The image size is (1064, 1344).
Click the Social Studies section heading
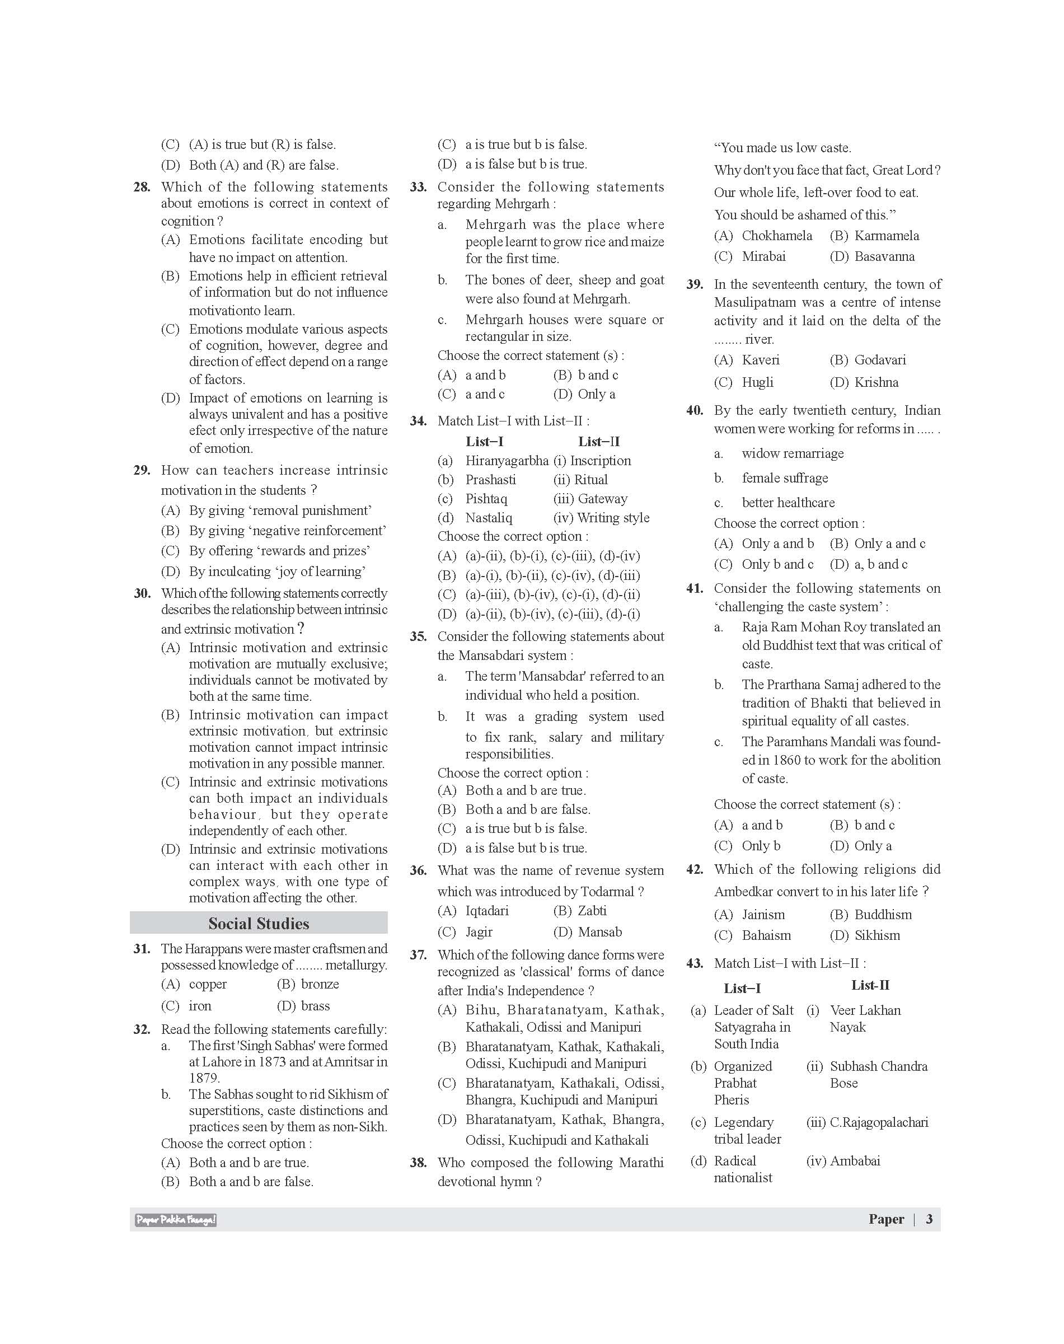click(259, 924)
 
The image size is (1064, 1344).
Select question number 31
click(142, 949)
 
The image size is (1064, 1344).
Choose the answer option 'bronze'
click(320, 985)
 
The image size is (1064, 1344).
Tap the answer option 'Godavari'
click(880, 360)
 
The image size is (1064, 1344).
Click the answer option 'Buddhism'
click(883, 915)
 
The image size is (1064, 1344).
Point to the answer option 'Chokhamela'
click(777, 236)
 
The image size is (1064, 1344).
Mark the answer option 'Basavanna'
click(884, 257)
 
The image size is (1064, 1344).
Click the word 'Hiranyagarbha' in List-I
click(507, 461)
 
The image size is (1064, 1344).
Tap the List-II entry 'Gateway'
click(602, 499)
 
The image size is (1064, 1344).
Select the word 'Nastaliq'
click(489, 518)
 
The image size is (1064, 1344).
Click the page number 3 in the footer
click(929, 1219)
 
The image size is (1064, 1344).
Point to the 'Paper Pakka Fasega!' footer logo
click(176, 1220)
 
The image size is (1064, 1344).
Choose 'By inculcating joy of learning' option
click(277, 572)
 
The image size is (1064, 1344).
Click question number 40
click(694, 411)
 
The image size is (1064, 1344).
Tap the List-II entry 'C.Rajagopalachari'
click(878, 1122)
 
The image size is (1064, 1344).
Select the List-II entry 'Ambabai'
click(855, 1161)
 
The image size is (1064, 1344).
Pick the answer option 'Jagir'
click(479, 932)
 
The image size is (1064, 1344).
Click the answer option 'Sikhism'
click(877, 935)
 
